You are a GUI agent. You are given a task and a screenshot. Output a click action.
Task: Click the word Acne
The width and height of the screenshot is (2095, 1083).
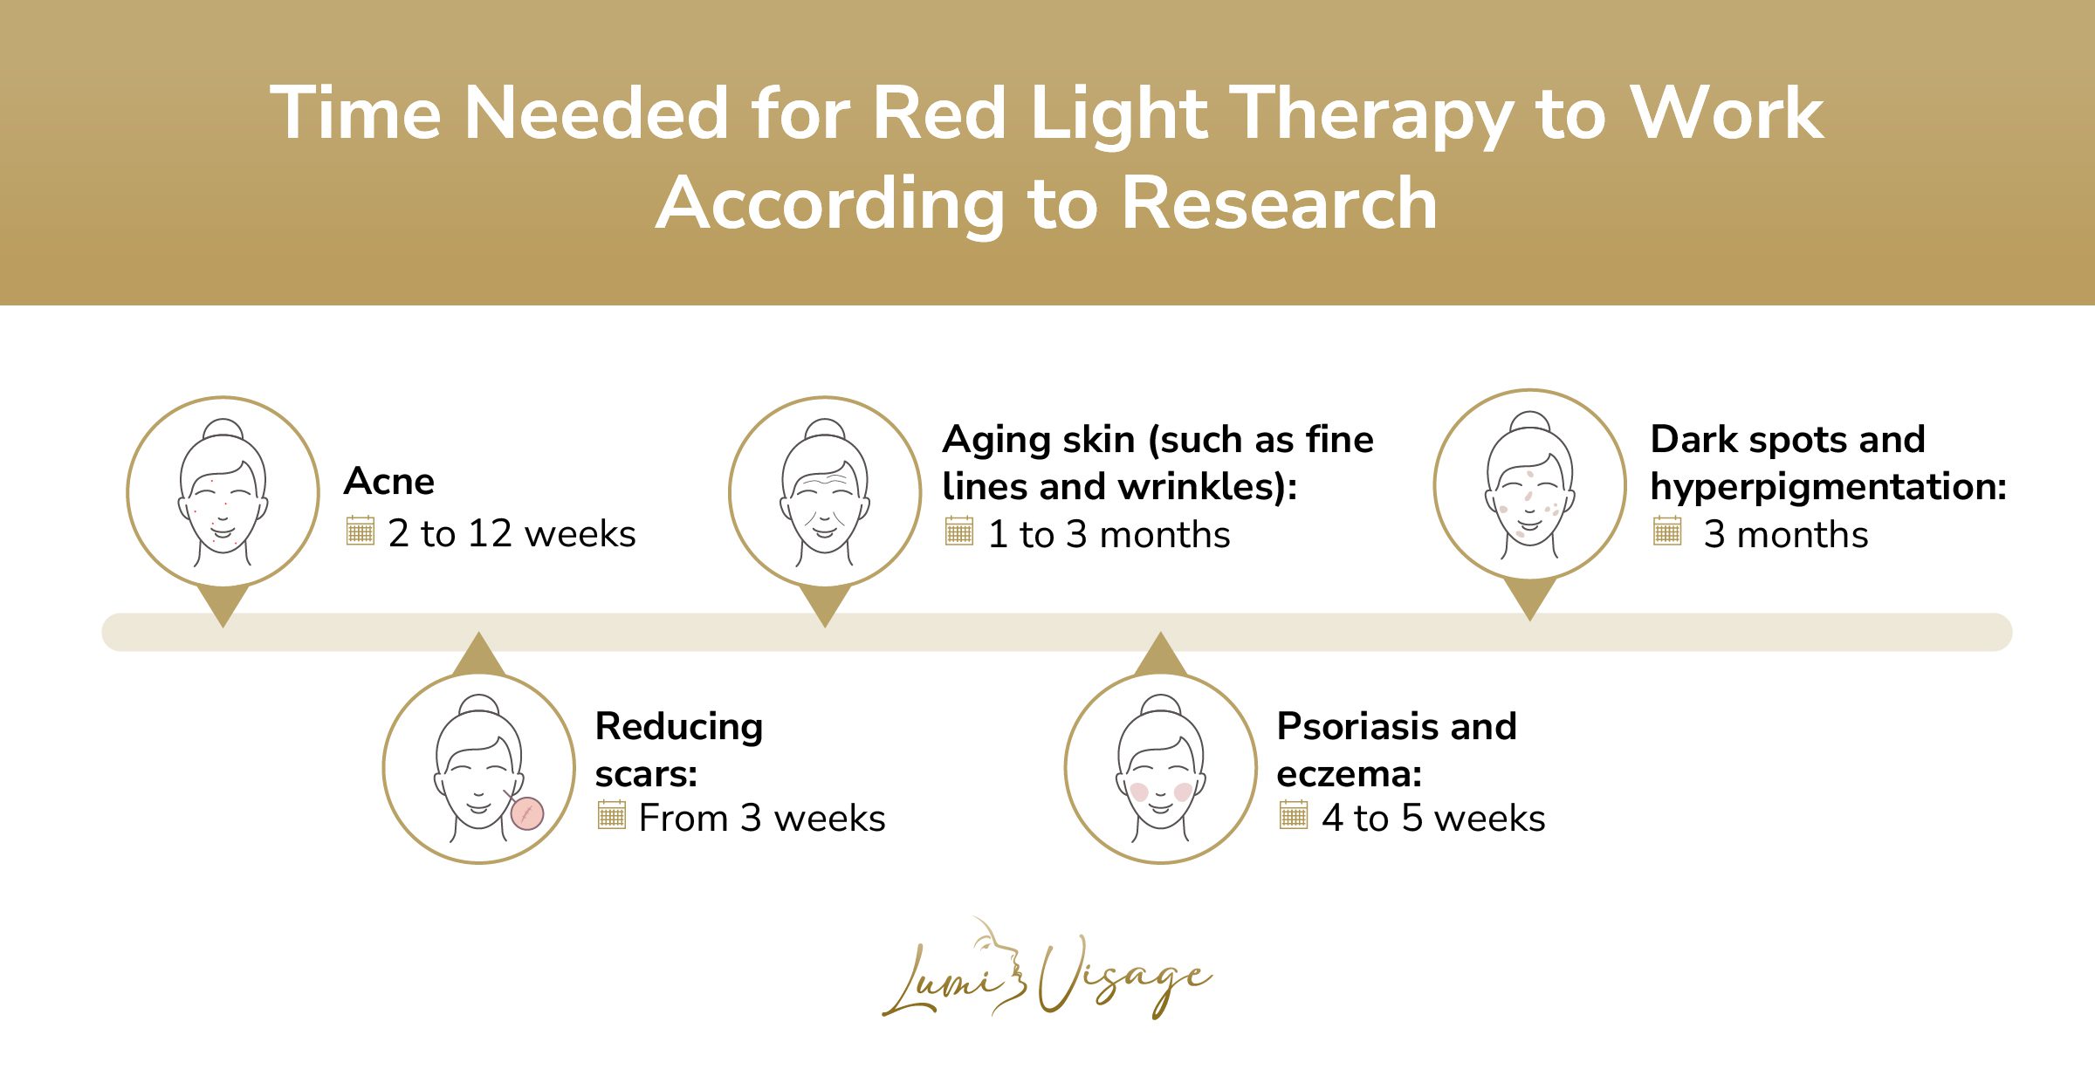click(x=389, y=482)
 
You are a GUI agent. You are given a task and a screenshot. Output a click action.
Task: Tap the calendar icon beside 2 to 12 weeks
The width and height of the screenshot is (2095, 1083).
click(x=360, y=531)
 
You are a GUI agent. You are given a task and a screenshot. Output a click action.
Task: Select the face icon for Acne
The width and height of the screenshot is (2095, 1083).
click(x=223, y=492)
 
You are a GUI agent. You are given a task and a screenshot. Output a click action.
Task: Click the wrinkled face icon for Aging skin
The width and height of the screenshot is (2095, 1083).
click(x=825, y=492)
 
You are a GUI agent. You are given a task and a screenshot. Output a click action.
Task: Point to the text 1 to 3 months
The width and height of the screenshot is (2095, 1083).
click(x=1109, y=534)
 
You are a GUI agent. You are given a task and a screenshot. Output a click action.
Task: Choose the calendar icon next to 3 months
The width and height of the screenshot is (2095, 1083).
click(x=1666, y=531)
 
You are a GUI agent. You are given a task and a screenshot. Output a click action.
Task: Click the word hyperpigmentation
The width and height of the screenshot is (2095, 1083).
click(x=1828, y=487)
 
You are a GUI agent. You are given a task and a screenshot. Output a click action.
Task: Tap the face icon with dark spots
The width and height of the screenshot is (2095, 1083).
click(x=1529, y=485)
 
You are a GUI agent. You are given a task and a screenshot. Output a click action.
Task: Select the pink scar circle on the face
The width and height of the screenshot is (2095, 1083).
click(x=527, y=813)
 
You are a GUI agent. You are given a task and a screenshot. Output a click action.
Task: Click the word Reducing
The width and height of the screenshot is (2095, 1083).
click(x=679, y=727)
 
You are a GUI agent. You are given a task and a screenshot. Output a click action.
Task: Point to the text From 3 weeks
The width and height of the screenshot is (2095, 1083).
click(x=761, y=819)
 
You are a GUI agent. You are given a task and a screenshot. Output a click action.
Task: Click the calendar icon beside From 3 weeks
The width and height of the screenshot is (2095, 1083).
click(x=611, y=815)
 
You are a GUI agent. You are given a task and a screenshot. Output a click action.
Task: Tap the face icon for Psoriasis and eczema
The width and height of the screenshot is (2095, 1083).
click(x=1161, y=768)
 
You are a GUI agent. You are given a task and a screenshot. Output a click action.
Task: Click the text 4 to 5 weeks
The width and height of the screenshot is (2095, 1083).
click(x=1433, y=819)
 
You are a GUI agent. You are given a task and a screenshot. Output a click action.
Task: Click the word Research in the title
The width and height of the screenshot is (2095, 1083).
click(x=1279, y=203)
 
